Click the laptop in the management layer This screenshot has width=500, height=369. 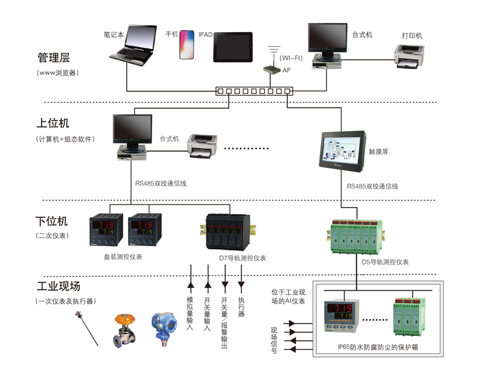pos(130,47)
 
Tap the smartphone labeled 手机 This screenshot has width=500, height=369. pos(186,44)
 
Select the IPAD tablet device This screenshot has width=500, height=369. pos(233,47)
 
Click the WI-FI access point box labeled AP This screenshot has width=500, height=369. pos(271,70)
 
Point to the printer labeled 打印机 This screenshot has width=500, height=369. pos(409,56)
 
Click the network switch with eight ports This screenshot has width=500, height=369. pos(253,91)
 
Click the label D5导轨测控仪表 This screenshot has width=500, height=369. pos(385,262)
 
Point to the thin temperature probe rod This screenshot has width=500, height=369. pos(89,327)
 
